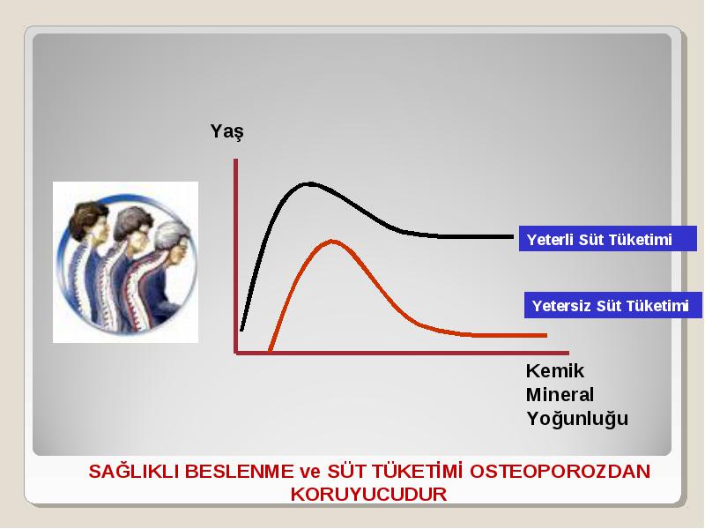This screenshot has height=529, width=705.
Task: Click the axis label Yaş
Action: [x=227, y=132]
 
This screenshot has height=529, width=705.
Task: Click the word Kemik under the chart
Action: [x=555, y=371]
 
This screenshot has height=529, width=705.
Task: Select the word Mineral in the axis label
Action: [x=560, y=395]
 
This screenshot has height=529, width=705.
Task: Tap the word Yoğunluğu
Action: [x=577, y=419]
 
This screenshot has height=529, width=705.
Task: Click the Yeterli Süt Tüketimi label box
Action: [x=607, y=238]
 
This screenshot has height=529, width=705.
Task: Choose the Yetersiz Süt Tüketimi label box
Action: [x=612, y=305]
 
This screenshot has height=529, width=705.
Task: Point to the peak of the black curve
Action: [x=309, y=183]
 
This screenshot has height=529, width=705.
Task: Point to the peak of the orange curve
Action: [x=332, y=242]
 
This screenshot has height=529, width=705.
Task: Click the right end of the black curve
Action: [x=513, y=236]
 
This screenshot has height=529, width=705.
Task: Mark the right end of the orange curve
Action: [x=545, y=335]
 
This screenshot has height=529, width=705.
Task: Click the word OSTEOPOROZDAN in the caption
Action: [x=560, y=472]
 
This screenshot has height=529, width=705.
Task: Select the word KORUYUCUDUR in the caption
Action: [x=368, y=494]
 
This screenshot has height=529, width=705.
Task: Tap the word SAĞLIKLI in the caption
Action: [x=134, y=472]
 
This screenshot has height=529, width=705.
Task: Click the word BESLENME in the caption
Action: [x=239, y=472]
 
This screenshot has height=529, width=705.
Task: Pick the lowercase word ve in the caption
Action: [x=310, y=473]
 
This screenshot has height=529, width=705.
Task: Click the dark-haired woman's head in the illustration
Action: [x=90, y=220]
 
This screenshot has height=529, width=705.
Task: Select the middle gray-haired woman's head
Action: [x=134, y=227]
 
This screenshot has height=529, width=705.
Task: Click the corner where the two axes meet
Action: [x=235, y=353]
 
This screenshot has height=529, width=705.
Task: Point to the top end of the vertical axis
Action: [x=235, y=160]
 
